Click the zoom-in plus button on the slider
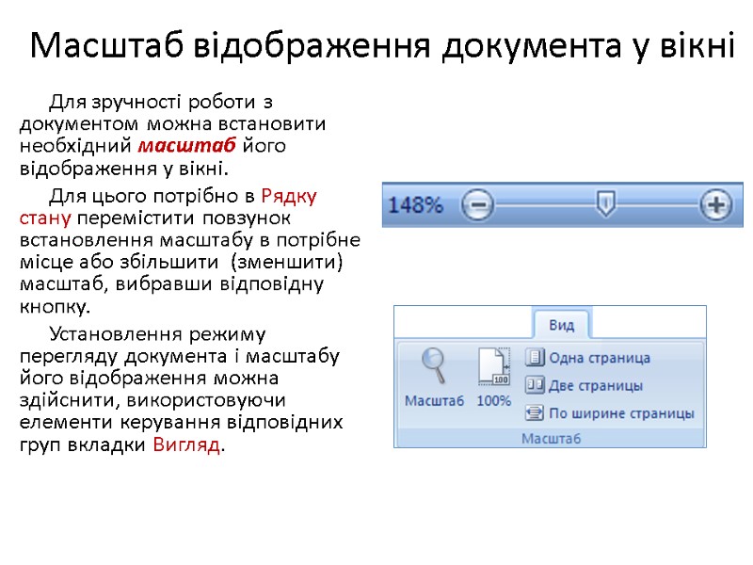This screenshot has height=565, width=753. click(717, 204)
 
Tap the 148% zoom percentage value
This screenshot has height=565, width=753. click(415, 204)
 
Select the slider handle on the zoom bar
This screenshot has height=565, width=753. click(608, 201)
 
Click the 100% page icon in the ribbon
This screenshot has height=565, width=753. click(494, 367)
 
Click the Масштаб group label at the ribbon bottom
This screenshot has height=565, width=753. click(551, 438)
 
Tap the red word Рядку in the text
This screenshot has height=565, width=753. click(289, 196)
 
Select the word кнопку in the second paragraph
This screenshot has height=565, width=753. click(56, 307)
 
